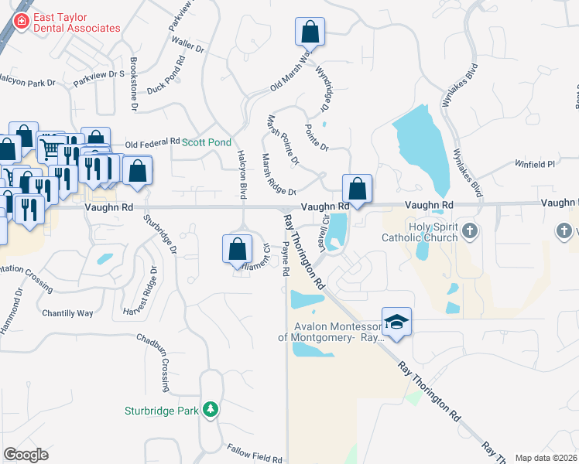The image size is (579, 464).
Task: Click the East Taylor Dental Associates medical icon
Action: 21,21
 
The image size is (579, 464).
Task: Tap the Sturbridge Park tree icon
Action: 210,409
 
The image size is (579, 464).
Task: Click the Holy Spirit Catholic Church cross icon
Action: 469,230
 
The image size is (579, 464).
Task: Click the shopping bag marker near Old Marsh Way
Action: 310,32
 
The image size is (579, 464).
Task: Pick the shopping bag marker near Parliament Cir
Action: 238,249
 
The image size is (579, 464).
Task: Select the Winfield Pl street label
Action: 536,165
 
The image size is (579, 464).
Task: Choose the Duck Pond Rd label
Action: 166,75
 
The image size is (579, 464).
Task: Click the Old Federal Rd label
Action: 152,144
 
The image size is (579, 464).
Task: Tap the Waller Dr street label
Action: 188,46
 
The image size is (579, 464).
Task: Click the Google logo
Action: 26,455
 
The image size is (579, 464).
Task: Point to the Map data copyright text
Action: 545,458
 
